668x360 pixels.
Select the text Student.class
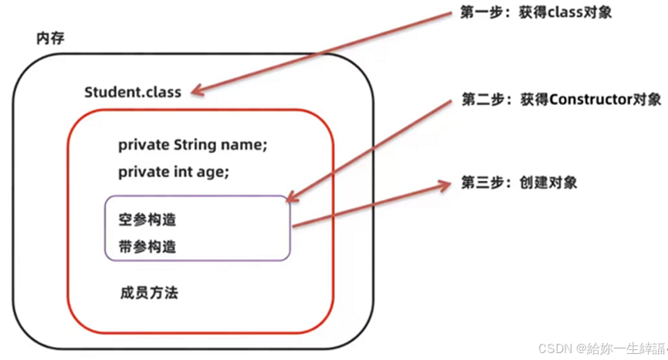[133, 92]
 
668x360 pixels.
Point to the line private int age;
[174, 172]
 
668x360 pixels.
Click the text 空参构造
[148, 220]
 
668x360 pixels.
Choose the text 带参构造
[148, 246]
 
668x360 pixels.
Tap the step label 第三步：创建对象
[519, 183]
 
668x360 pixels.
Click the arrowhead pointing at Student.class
[198, 92]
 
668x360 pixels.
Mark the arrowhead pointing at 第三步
[443, 185]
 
